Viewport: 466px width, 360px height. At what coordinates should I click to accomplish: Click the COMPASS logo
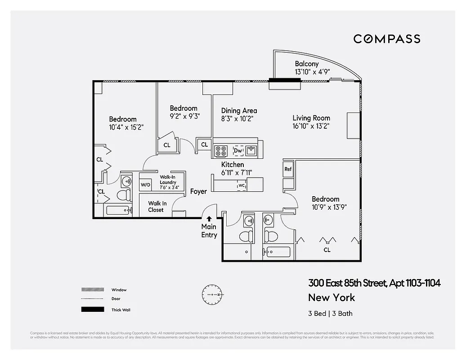[x=386, y=39]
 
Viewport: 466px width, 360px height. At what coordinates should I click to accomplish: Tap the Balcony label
[x=307, y=64]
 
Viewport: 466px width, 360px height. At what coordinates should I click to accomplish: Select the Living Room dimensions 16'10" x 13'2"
[x=311, y=126]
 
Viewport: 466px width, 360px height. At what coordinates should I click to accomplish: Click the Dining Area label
[x=239, y=111]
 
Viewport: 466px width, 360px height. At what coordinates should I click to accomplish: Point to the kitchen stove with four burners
[x=221, y=151]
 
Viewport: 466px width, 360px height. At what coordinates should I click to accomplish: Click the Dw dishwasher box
[x=238, y=151]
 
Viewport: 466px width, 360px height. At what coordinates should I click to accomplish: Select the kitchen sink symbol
[x=251, y=150]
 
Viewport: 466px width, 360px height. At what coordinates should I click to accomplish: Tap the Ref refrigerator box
[x=288, y=169]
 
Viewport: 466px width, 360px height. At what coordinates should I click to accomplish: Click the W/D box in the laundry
[x=145, y=184]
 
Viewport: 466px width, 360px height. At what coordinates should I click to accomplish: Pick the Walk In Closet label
[x=157, y=207]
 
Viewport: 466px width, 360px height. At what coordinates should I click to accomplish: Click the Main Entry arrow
[x=209, y=219]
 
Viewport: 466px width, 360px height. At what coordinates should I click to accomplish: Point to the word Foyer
[x=198, y=192]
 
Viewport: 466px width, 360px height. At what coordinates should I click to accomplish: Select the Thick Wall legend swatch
[x=92, y=310]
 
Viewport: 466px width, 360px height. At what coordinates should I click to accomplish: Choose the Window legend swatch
[x=92, y=290]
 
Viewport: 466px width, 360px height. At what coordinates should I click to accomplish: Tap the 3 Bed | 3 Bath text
[x=327, y=314]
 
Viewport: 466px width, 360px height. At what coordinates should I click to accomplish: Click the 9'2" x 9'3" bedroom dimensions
[x=184, y=116]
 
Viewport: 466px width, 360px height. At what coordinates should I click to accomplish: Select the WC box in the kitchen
[x=241, y=185]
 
